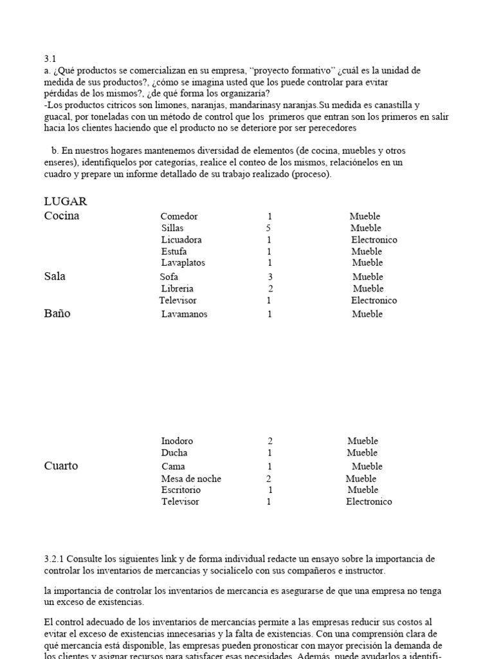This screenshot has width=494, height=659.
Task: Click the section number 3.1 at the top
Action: click(x=50, y=59)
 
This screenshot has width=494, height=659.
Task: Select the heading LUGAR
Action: click(x=65, y=201)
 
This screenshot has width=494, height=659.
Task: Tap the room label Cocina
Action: click(x=62, y=216)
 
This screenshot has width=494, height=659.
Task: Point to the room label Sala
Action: click(x=55, y=277)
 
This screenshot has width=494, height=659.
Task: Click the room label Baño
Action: click(x=57, y=314)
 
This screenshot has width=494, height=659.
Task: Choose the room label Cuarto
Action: click(x=61, y=466)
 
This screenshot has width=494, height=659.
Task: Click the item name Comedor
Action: click(x=179, y=217)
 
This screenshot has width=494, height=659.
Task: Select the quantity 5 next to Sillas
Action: click(x=268, y=228)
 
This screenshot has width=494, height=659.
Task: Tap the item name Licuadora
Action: click(x=181, y=240)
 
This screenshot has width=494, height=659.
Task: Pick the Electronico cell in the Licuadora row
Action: click(x=374, y=240)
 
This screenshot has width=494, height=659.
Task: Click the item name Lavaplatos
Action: click(x=182, y=263)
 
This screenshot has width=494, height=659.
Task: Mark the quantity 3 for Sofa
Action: click(x=271, y=277)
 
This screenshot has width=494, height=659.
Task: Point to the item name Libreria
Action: click(x=177, y=289)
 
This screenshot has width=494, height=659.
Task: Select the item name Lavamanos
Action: click(x=184, y=315)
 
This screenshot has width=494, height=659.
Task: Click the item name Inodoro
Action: click(x=177, y=441)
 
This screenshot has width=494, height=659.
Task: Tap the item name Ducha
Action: click(x=174, y=453)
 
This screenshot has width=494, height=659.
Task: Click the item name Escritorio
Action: click(x=181, y=490)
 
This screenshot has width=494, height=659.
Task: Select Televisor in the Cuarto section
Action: click(x=180, y=502)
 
